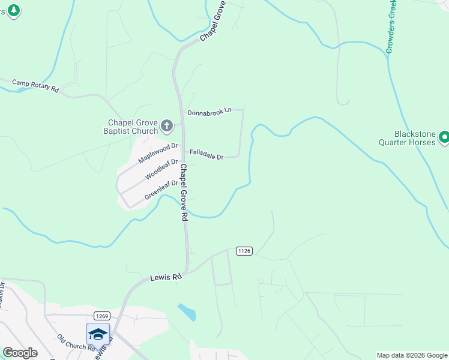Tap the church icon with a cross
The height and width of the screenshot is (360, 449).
167,127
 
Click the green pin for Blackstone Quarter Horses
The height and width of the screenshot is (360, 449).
444,138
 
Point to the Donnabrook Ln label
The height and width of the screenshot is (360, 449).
209,112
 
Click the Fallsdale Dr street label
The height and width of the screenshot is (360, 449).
206,155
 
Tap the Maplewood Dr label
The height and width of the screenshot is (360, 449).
158,153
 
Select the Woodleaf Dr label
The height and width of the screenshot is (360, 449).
162,170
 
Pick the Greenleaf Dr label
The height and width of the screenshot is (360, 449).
161,190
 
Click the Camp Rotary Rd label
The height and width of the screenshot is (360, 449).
35,85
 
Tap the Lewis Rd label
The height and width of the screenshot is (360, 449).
165,278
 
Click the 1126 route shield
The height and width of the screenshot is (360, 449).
244,250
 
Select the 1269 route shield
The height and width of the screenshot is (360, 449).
101,316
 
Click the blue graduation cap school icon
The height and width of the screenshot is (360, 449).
98,334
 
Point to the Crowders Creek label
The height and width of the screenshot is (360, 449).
391,27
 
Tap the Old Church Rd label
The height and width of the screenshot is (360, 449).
76,342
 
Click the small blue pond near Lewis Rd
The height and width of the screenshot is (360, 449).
187,312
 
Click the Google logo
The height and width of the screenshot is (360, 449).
20,353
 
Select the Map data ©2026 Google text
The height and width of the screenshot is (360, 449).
411,355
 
